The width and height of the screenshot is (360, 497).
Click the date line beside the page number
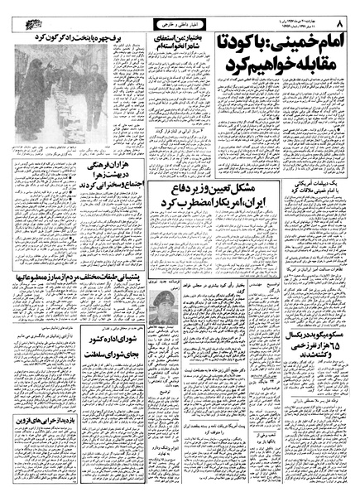click(303, 15)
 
